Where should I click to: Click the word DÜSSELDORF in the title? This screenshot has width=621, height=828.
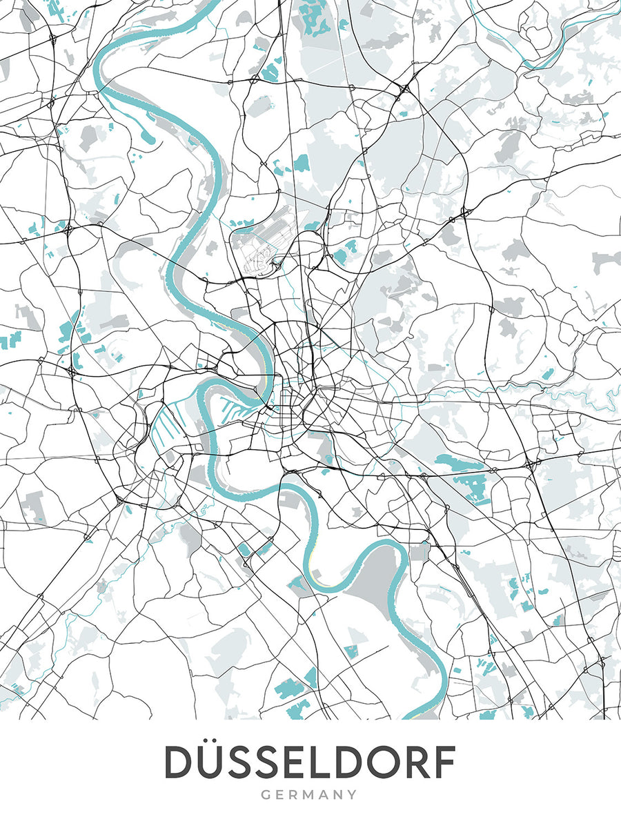[310, 763]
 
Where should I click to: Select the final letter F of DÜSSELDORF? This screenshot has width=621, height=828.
[444, 763]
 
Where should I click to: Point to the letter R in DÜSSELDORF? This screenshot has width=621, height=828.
[417, 763]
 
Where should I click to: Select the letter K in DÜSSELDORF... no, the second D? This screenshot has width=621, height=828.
[351, 763]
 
